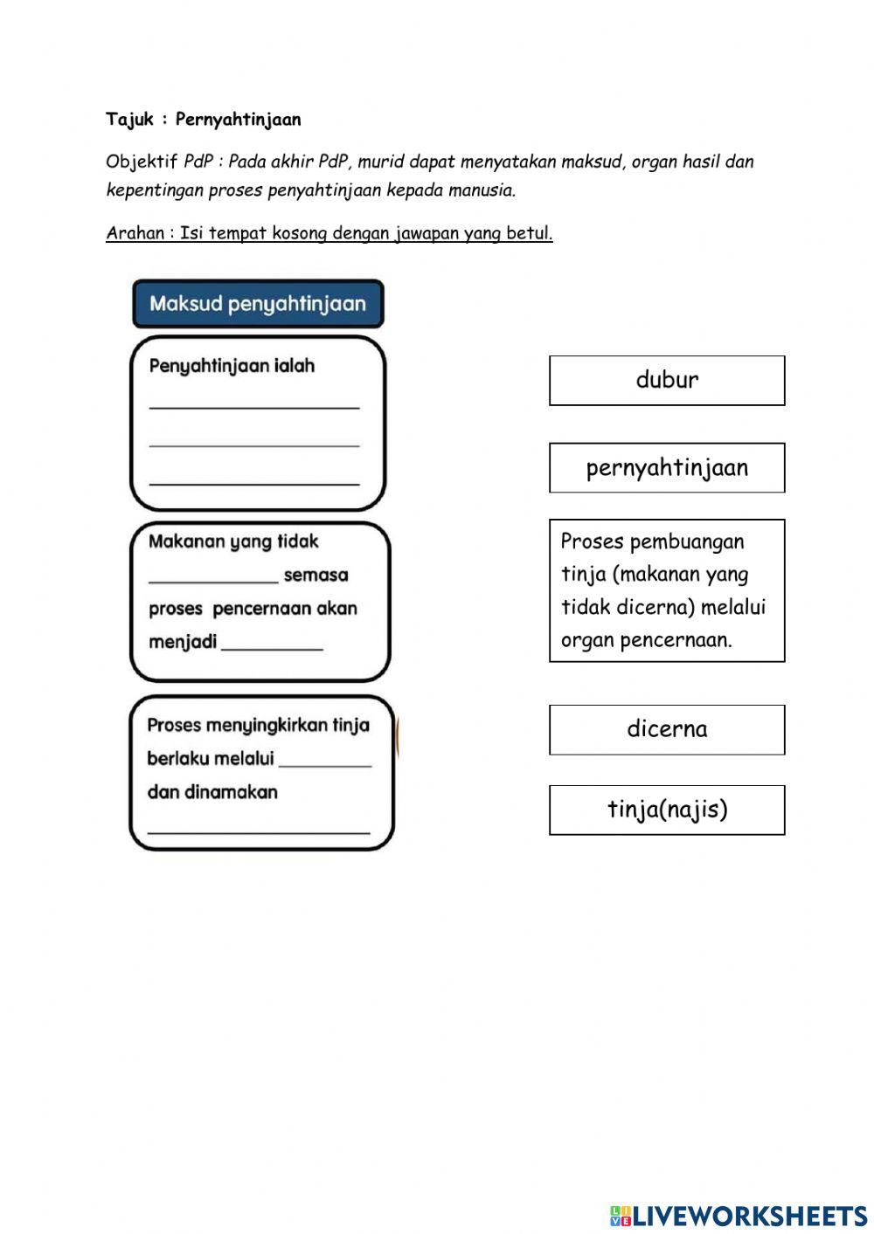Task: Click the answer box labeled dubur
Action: [x=667, y=381]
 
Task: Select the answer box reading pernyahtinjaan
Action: [x=667, y=468]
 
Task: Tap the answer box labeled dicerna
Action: [x=667, y=729]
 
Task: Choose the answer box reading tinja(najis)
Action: [x=667, y=810]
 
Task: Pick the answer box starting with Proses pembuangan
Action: [x=667, y=590]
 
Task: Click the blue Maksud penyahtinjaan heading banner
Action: [x=258, y=304]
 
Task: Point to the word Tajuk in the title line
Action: [x=129, y=120]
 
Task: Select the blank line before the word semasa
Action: [x=213, y=579]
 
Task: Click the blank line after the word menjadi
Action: [x=272, y=647]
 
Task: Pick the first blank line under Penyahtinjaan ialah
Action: [x=254, y=406]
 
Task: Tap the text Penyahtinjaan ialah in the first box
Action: [x=232, y=366]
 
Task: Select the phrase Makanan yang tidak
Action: [x=233, y=541]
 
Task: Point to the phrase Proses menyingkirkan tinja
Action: [x=258, y=725]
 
